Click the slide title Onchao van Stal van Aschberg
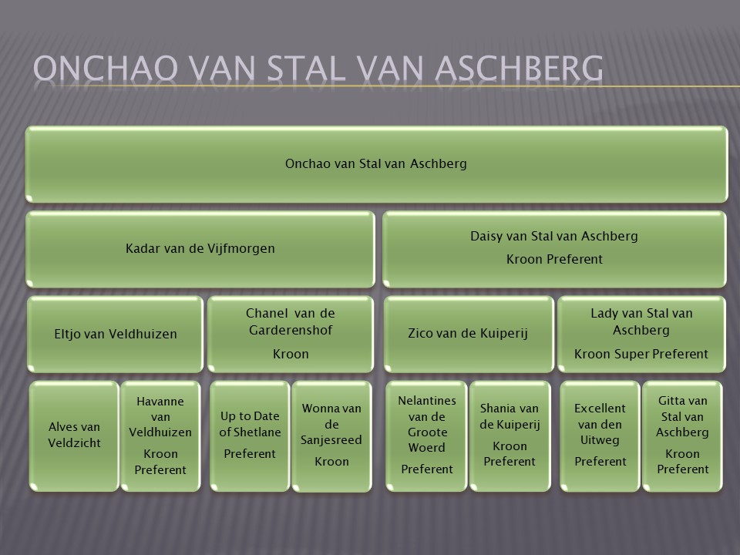point(318,68)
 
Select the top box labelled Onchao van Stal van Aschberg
point(377,164)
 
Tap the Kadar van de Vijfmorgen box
point(200,249)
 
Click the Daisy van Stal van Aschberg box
point(554,249)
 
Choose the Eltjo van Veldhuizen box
point(115,334)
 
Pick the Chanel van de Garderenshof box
point(291,334)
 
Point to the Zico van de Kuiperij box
point(469,334)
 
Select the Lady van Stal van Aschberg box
point(641,334)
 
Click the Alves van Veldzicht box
point(74,436)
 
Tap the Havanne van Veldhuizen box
point(160,436)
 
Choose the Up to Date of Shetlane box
point(250,436)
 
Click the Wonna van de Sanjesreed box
point(331,436)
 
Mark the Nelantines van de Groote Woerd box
point(426,436)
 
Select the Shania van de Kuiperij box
point(510,436)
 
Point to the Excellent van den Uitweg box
point(600,436)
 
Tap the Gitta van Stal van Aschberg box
point(682,436)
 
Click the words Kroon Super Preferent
point(641,354)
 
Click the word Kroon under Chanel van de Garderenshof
point(291,354)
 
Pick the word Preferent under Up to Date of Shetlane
point(250,453)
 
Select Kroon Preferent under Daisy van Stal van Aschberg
point(554,259)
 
